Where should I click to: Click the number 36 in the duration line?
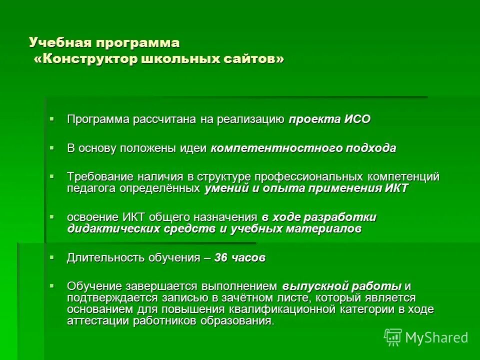(220, 258)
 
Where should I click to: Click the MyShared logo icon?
(393, 337)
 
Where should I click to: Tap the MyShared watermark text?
(437, 337)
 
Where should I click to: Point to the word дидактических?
(114, 229)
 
